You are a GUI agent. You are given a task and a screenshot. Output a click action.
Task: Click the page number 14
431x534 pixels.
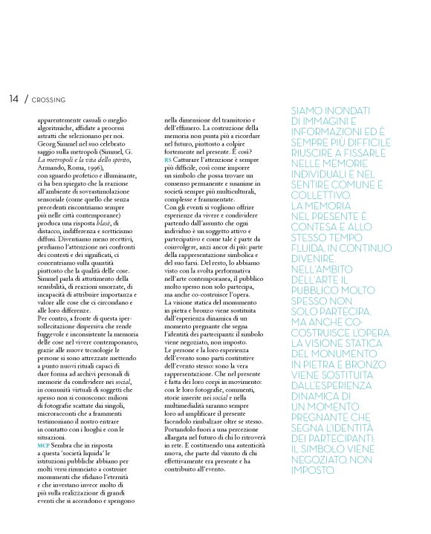[x=14, y=98]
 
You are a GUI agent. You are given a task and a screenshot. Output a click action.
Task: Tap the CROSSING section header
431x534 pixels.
[x=49, y=99]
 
